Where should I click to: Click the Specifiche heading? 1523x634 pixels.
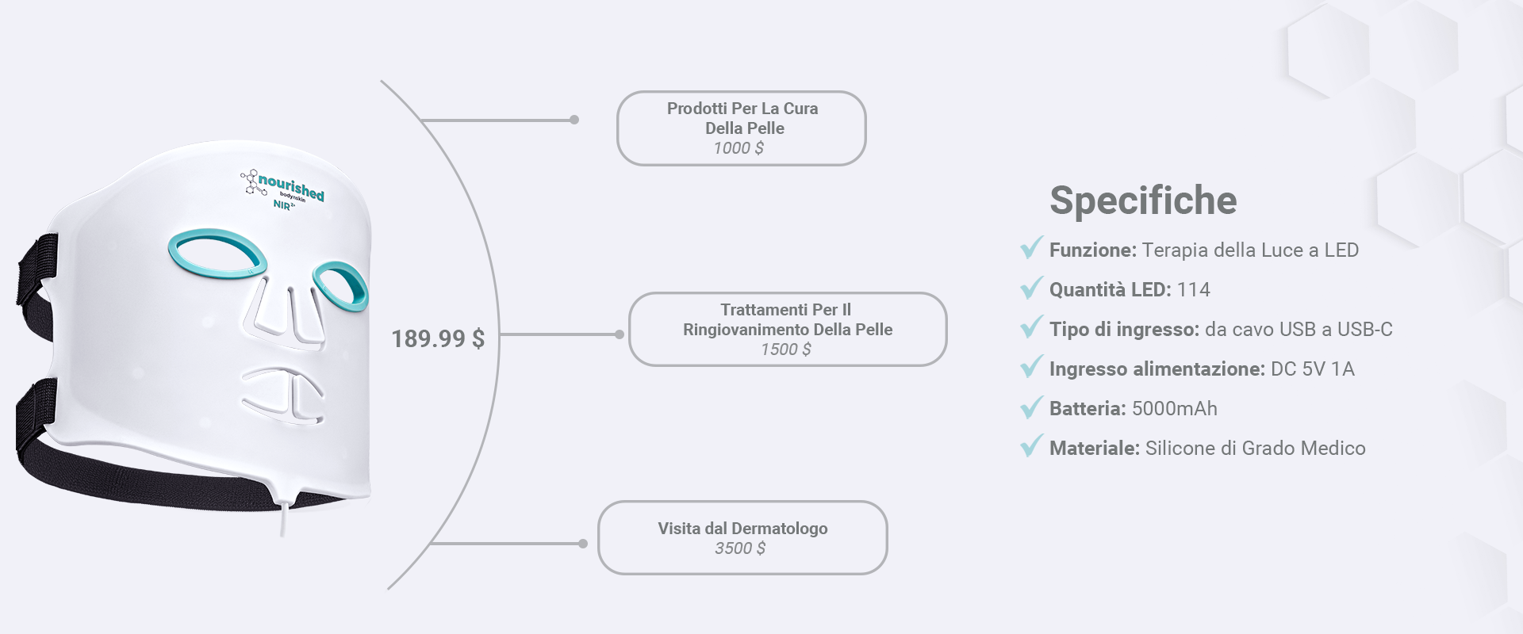(x=1143, y=201)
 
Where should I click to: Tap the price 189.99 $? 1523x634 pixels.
(x=438, y=339)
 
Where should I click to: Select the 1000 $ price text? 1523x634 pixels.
(x=738, y=148)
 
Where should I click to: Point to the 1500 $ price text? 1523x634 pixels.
(x=786, y=349)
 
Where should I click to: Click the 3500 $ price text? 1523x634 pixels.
(x=740, y=548)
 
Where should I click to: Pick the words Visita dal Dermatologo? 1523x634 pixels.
(x=742, y=529)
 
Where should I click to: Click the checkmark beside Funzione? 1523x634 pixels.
(x=1031, y=248)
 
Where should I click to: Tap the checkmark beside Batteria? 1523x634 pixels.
(x=1031, y=407)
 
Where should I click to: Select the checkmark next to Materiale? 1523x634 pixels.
(x=1031, y=446)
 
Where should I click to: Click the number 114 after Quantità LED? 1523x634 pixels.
(x=1194, y=290)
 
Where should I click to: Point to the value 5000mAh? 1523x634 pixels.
(x=1175, y=409)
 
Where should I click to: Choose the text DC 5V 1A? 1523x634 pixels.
(x=1313, y=369)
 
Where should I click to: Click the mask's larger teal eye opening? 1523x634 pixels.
(x=217, y=254)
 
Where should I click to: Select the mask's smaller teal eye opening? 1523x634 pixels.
(x=340, y=286)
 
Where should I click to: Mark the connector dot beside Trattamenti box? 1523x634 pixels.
(x=620, y=334)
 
